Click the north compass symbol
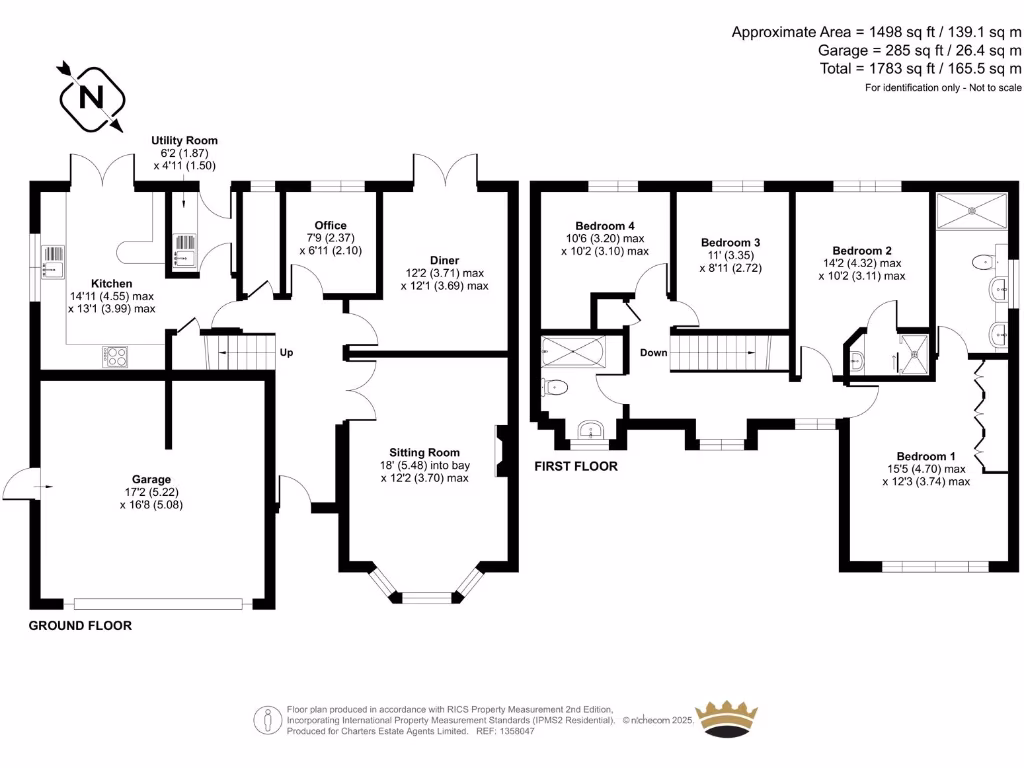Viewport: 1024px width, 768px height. pyautogui.click(x=91, y=98)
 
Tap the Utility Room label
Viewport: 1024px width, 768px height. pyautogui.click(x=184, y=141)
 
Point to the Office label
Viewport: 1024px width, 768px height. pyautogui.click(x=330, y=225)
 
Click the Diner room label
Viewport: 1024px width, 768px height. pyautogui.click(x=446, y=260)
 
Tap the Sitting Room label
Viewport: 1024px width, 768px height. pyautogui.click(x=424, y=452)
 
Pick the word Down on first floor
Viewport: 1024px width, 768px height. pyautogui.click(x=653, y=353)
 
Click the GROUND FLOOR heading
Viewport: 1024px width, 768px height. pyautogui.click(x=80, y=626)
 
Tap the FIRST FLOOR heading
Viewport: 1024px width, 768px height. pyautogui.click(x=576, y=466)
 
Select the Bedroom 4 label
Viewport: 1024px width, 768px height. pyautogui.click(x=604, y=226)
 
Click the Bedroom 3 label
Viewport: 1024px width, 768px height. pyautogui.click(x=730, y=243)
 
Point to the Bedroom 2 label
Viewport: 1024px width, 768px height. pyautogui.click(x=862, y=251)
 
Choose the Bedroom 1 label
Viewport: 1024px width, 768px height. pyautogui.click(x=926, y=455)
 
